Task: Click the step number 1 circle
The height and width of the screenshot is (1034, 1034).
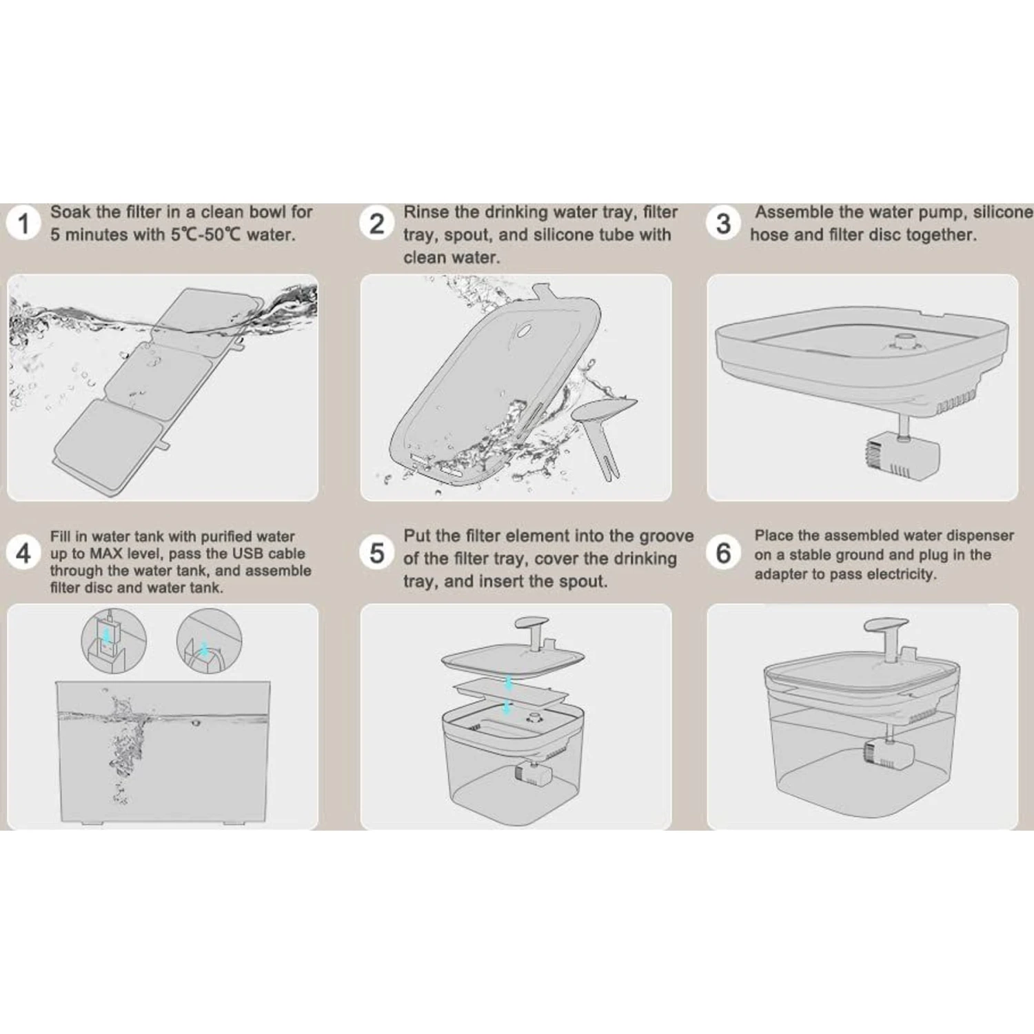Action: click(x=23, y=223)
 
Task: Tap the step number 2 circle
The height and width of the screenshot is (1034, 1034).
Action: click(x=376, y=223)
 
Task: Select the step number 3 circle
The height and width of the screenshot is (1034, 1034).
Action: click(x=723, y=223)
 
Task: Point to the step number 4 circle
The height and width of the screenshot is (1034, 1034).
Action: click(x=23, y=553)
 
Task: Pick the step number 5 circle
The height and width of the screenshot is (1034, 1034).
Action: click(x=376, y=553)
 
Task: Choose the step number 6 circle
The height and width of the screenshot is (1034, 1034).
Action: click(x=723, y=553)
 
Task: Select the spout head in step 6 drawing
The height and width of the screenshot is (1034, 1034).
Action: click(x=886, y=627)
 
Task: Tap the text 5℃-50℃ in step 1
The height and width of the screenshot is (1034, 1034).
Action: click(x=206, y=234)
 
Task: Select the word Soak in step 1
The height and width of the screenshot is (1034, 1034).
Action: click(x=70, y=212)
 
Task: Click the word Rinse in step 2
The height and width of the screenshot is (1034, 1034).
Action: click(x=426, y=212)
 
